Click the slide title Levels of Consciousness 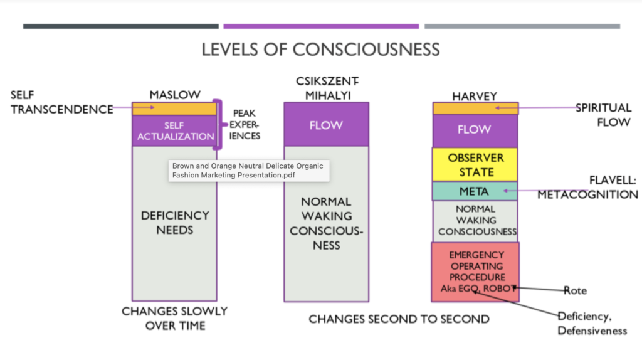(320, 50)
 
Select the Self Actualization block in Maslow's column (174, 131)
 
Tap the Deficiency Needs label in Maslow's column (175, 222)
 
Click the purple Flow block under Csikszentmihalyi (326, 124)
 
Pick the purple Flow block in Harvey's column (475, 130)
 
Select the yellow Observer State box (475, 164)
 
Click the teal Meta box (475, 191)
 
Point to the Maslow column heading (175, 95)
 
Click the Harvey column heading (475, 96)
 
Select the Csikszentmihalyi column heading (326, 88)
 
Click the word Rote (574, 290)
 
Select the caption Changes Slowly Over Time (175, 318)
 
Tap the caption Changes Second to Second (399, 319)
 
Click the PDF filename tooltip (249, 170)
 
